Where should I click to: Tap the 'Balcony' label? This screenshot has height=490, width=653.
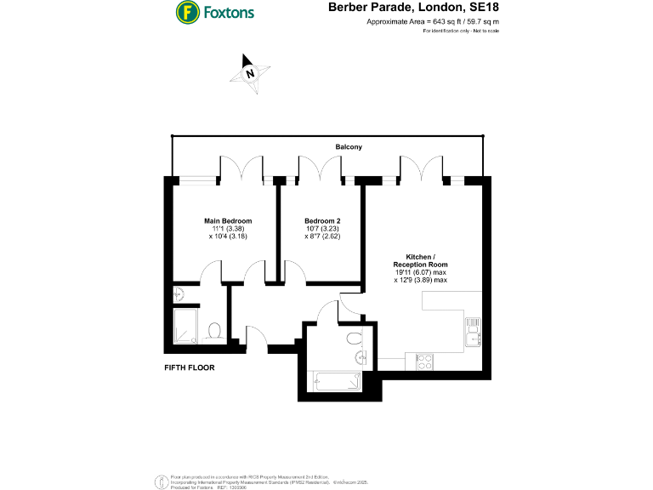click(348, 147)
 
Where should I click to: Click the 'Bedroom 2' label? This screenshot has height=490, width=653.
click(322, 220)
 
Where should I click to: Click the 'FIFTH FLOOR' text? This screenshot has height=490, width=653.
click(189, 368)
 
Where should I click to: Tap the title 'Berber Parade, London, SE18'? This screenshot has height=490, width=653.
click(413, 8)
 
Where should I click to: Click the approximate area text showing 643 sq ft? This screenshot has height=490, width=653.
click(432, 21)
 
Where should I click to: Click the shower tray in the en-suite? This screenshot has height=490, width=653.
click(185, 325)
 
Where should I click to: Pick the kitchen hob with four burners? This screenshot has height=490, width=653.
click(424, 361)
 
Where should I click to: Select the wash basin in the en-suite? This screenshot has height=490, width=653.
click(179, 292)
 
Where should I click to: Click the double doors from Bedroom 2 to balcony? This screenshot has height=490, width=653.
click(321, 168)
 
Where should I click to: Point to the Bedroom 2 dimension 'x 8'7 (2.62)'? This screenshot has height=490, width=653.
click(322, 237)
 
